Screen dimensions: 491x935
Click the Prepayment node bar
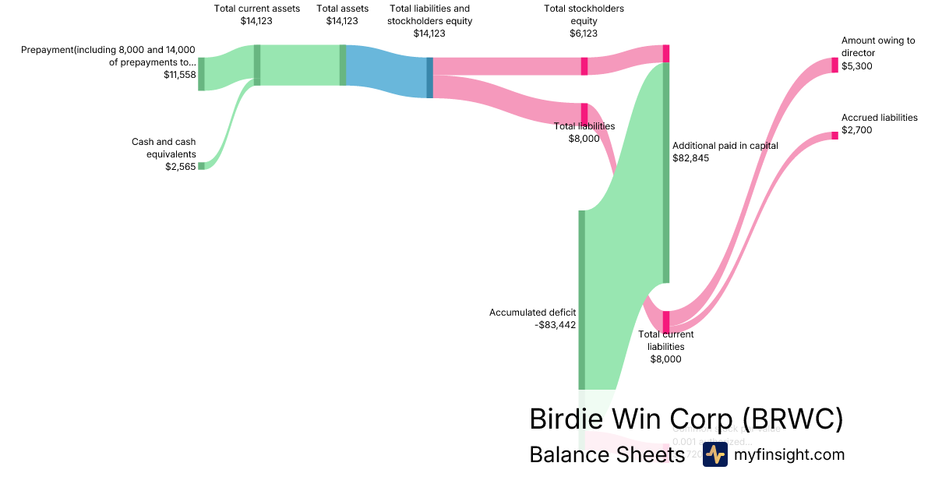click(x=201, y=73)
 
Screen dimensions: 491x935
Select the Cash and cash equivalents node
click(x=201, y=165)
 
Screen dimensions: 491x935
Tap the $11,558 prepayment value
click(x=180, y=75)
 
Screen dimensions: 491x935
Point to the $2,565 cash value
click(x=180, y=167)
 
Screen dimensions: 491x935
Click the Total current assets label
click(x=256, y=9)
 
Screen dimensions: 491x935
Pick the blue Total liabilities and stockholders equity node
click(x=429, y=77)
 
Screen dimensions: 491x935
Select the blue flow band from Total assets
click(x=386, y=71)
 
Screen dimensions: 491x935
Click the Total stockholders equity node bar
click(x=584, y=65)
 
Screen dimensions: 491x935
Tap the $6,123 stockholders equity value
click(x=584, y=34)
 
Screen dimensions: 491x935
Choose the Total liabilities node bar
click(x=584, y=113)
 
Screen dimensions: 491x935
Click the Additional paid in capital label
click(x=725, y=146)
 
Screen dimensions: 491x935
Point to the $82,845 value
click(x=690, y=158)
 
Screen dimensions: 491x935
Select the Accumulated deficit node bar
click(x=581, y=299)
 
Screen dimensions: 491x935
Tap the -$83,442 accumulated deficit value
click(x=556, y=325)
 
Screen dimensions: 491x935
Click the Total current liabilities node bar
click(x=666, y=321)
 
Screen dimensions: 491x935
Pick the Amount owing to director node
click(x=834, y=65)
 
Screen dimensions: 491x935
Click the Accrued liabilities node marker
click(x=834, y=136)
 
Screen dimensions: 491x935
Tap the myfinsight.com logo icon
click(x=714, y=454)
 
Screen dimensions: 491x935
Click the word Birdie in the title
click(x=563, y=419)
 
